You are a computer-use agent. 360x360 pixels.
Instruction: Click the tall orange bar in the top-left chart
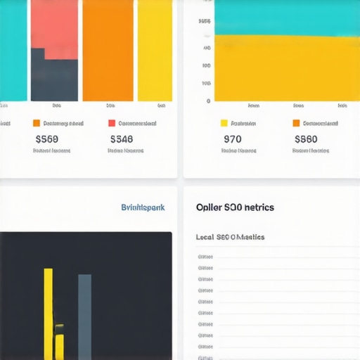(108, 51)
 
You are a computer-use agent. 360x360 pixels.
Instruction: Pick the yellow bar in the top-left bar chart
(155, 51)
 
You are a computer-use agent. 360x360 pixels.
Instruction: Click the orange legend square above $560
(37, 123)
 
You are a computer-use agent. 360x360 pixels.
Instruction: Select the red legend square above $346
(112, 123)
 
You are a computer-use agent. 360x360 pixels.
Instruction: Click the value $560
(46, 139)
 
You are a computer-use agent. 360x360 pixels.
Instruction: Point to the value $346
(121, 139)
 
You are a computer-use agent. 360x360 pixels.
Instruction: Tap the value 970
(232, 139)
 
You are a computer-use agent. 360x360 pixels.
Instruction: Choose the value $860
(306, 139)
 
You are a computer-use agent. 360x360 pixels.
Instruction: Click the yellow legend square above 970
(224, 123)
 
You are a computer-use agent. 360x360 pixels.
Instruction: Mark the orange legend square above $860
(296, 123)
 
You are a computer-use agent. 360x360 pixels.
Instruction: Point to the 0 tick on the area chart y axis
(208, 101)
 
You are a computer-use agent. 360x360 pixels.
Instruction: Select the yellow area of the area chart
(281, 70)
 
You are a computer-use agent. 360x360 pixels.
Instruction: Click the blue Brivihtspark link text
(143, 207)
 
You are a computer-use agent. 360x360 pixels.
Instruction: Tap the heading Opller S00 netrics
(235, 207)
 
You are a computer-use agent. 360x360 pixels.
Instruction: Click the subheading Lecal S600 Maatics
(230, 237)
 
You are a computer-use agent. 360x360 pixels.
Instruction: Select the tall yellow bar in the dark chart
(48, 309)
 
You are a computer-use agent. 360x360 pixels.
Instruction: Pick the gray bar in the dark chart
(84, 316)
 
